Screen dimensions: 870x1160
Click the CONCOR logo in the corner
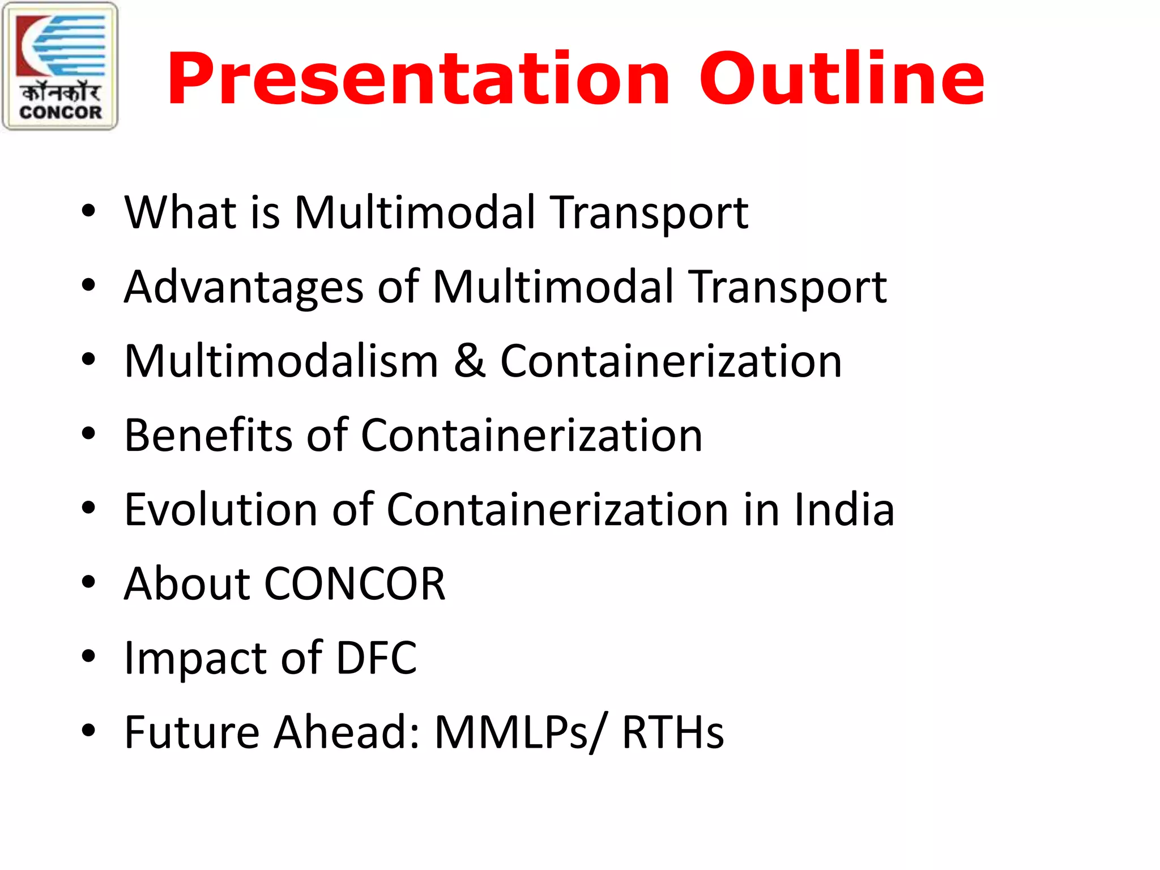click(x=60, y=66)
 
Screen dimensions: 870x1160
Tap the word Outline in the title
click(x=842, y=79)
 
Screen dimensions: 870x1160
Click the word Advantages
click(x=244, y=288)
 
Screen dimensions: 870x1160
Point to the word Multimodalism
click(x=281, y=361)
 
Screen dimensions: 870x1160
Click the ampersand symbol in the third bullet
click(x=470, y=361)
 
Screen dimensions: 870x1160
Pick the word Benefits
click(x=207, y=436)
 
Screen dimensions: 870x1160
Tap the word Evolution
click(x=220, y=510)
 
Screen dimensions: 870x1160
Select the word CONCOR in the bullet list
click(x=355, y=584)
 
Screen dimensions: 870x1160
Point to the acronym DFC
click(x=377, y=658)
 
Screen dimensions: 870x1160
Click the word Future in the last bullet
click(x=191, y=732)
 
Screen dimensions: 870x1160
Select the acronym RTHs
click(x=673, y=732)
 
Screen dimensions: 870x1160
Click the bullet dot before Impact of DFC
click(x=88, y=656)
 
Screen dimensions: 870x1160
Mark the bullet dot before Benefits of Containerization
click(x=88, y=434)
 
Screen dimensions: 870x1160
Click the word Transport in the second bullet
click(x=788, y=288)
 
